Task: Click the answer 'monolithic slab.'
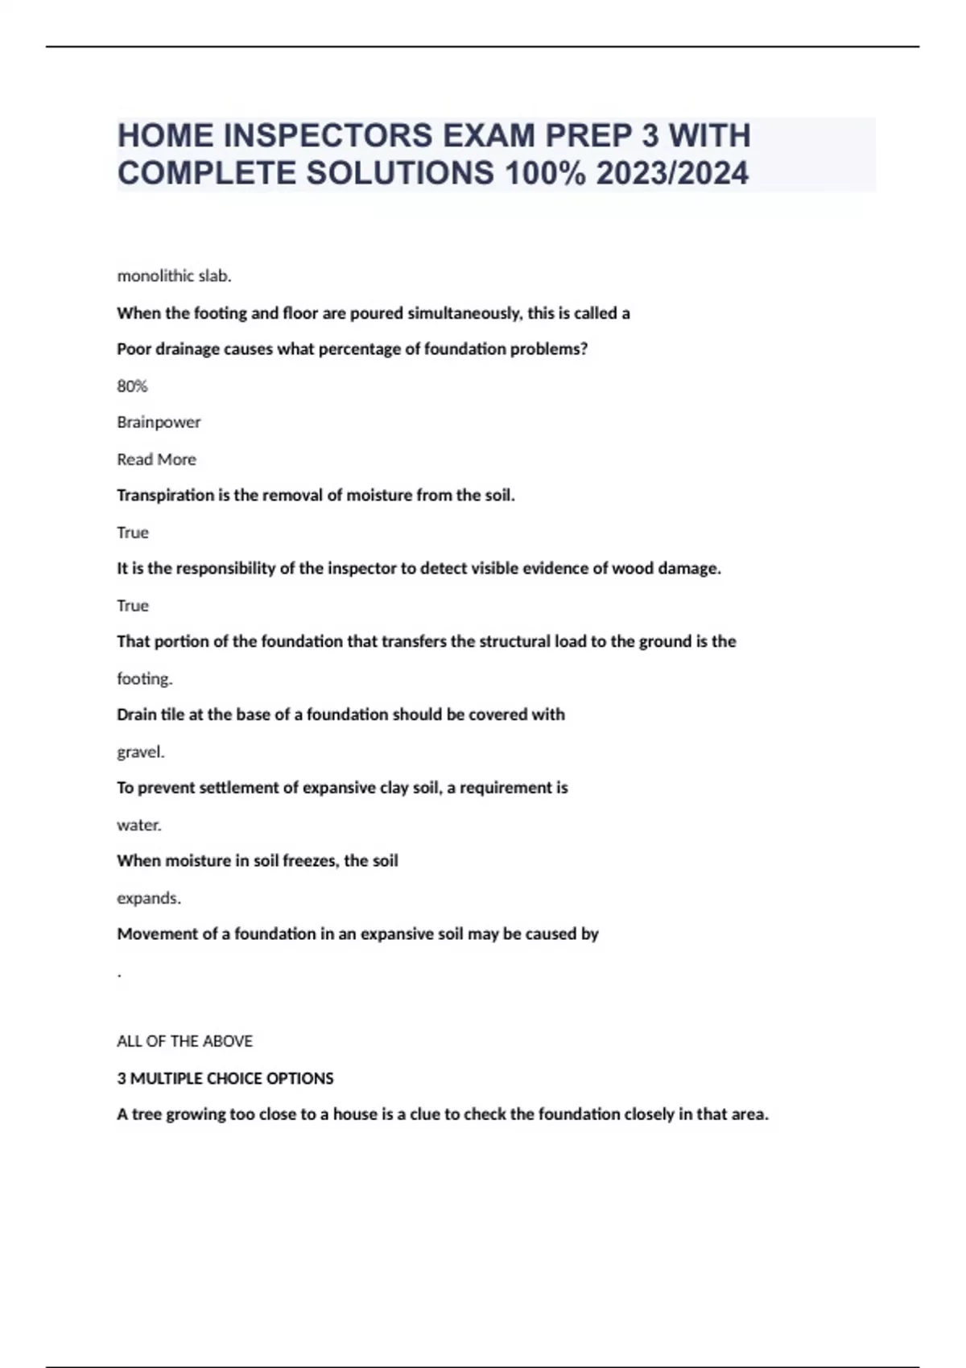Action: [x=174, y=276]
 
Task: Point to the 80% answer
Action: [x=132, y=386]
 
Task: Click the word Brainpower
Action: [x=159, y=422]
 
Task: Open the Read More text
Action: [x=156, y=459]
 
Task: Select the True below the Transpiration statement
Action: [x=132, y=533]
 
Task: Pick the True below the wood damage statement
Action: [x=132, y=606]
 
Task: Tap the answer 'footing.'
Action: [x=145, y=679]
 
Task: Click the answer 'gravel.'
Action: [x=141, y=752]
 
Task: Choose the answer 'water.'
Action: [x=139, y=825]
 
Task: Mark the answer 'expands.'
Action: [x=149, y=898]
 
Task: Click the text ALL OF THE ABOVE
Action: [x=184, y=1041]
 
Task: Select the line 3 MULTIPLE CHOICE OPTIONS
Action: [x=225, y=1078]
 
